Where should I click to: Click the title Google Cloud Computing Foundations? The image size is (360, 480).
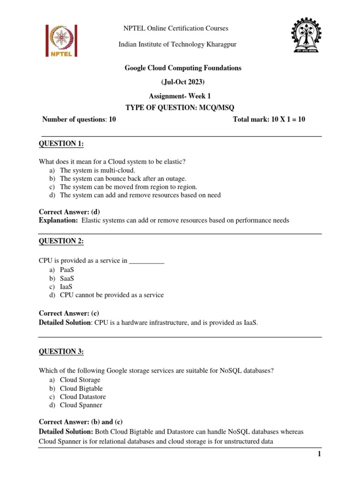point(183,68)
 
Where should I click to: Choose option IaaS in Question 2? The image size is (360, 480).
point(67,286)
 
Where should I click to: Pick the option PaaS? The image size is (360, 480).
point(67,270)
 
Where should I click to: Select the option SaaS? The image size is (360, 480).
point(67,278)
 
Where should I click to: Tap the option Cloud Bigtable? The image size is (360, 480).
point(81,388)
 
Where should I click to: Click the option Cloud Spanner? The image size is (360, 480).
point(81,405)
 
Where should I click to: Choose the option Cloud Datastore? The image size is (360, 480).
point(82,397)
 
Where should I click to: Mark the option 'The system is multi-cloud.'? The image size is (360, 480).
point(97,170)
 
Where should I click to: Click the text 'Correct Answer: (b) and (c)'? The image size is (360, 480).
point(81,422)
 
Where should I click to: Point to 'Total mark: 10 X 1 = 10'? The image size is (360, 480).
point(269,119)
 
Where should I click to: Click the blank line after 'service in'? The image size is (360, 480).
point(146,261)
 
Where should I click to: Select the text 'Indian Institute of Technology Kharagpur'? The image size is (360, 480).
point(177,44)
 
